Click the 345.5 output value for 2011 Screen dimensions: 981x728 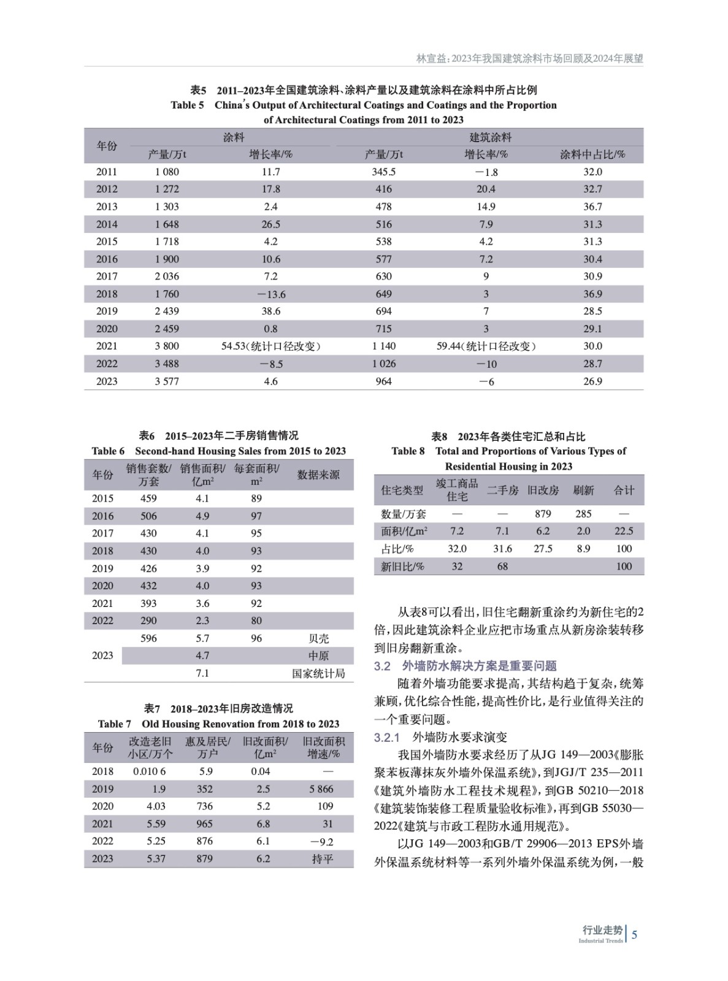click(x=383, y=172)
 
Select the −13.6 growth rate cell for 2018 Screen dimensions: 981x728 click(x=270, y=294)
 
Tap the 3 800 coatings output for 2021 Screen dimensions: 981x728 click(x=167, y=346)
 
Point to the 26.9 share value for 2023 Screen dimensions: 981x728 click(x=592, y=381)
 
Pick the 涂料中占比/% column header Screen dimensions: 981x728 click(x=592, y=155)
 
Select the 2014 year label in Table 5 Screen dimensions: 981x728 click(x=106, y=224)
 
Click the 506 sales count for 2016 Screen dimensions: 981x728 click(x=148, y=516)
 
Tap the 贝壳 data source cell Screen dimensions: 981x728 click(x=318, y=638)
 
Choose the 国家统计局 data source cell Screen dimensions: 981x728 click(x=318, y=673)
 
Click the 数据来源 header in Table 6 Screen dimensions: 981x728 click(x=318, y=475)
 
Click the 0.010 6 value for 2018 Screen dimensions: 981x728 click(x=150, y=771)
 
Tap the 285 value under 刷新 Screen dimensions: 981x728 click(x=583, y=514)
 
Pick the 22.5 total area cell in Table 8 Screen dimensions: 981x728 click(x=624, y=531)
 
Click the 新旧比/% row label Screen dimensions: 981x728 click(x=402, y=567)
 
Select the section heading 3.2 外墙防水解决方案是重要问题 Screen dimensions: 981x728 click(x=466, y=666)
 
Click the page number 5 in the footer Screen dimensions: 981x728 click(x=635, y=934)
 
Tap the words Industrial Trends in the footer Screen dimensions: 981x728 click(x=600, y=941)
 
